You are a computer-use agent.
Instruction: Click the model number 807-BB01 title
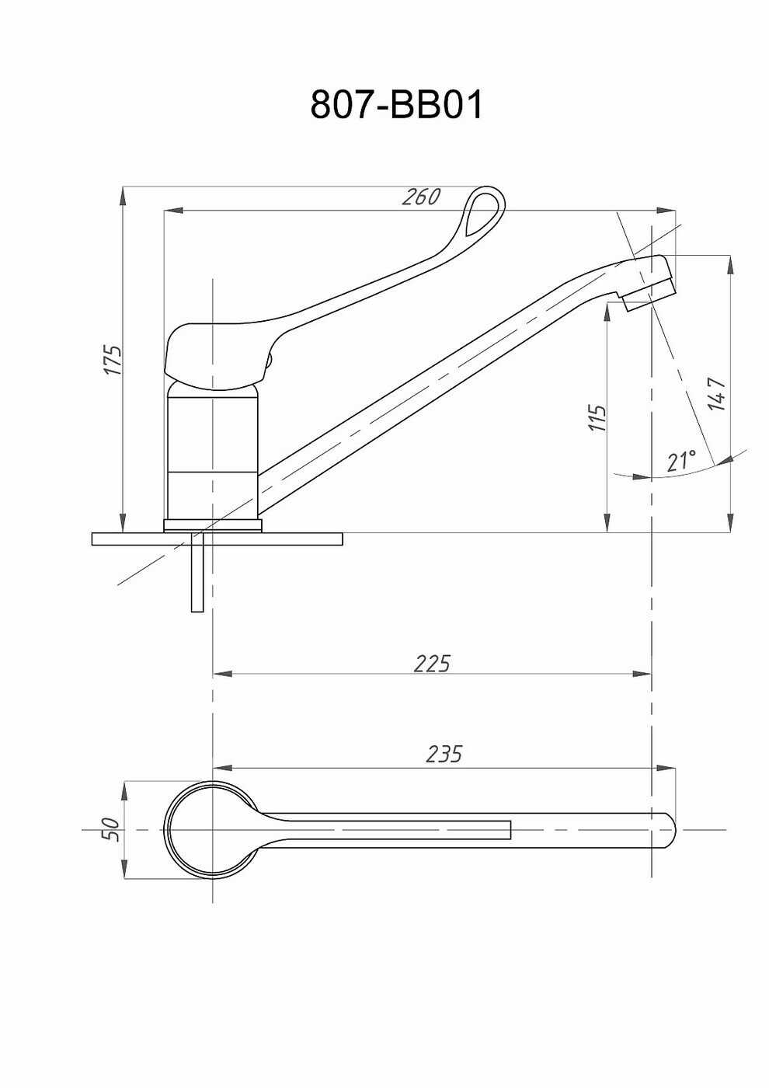396,104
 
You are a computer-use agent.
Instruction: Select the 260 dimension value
421,197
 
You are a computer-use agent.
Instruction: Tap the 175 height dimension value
113,360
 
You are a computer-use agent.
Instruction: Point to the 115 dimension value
597,418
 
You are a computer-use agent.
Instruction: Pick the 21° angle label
680,460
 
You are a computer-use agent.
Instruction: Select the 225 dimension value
432,663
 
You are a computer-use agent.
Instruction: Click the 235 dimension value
444,754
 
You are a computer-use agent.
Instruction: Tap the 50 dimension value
111,829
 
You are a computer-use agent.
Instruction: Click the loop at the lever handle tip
484,212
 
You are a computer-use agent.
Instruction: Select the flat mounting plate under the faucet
217,539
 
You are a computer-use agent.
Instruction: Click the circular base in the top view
211,830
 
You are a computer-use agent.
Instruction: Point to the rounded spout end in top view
666,830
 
